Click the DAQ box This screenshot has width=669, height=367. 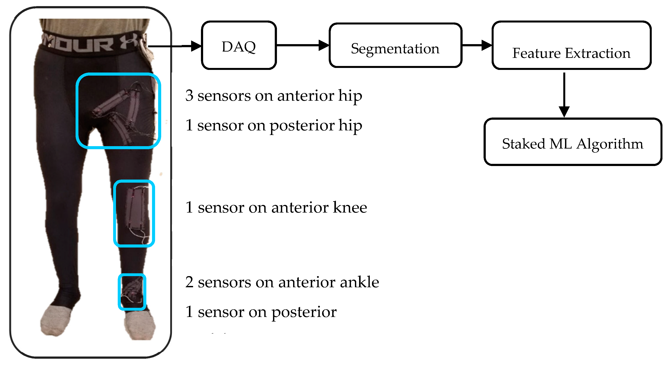pos(239,45)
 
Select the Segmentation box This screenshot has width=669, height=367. pos(395,46)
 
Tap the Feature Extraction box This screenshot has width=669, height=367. pos(571,46)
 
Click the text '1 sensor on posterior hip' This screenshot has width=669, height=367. pos(273,125)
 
